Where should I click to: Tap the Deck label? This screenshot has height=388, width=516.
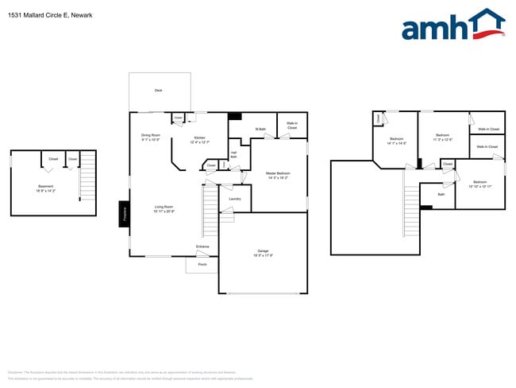click(159, 91)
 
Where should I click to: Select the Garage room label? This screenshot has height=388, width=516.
click(263, 250)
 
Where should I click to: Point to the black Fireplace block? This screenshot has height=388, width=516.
click(124, 213)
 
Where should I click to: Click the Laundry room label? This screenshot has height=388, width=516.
click(235, 199)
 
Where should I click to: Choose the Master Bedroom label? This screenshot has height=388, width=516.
click(278, 173)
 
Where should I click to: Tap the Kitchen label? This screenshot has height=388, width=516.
click(198, 138)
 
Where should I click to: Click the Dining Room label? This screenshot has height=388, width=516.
click(151, 135)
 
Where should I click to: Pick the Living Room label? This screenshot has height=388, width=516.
click(164, 207)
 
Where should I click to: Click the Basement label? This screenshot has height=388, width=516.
click(45, 187)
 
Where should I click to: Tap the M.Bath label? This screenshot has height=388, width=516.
click(260, 129)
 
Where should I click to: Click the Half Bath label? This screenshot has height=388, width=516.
click(233, 155)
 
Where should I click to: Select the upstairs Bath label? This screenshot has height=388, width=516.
click(442, 193)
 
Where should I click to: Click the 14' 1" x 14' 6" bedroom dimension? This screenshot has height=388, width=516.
click(397, 143)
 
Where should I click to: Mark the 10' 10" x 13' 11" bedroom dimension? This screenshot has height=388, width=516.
click(479, 186)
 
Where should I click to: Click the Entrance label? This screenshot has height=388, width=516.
click(203, 247)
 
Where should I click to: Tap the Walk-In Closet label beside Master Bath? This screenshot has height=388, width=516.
click(292, 126)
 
